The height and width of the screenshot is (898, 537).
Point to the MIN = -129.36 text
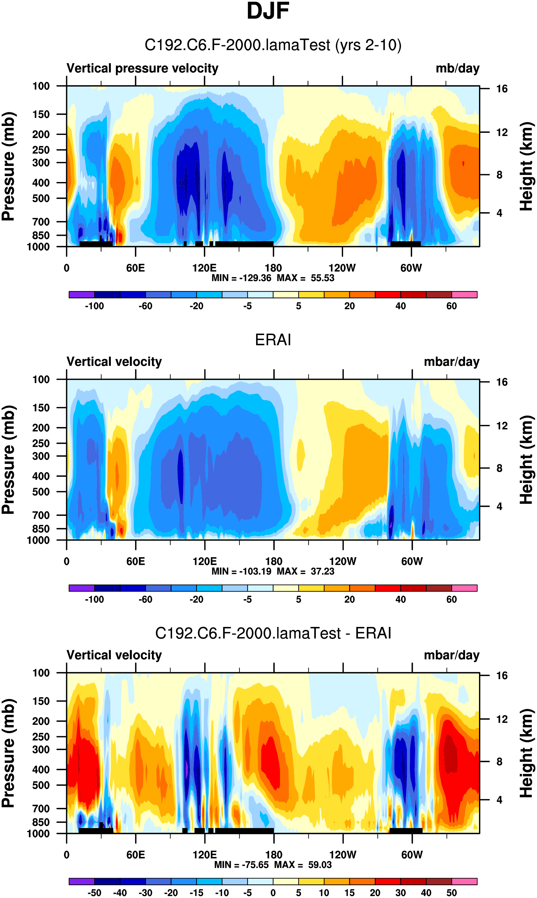[x=241, y=278]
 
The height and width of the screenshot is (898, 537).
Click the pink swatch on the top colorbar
[x=464, y=294]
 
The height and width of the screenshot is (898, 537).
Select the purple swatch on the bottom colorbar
[x=82, y=881]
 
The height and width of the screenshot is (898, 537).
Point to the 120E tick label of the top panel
[x=204, y=268]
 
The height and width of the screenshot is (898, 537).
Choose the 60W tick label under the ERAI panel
[x=412, y=561]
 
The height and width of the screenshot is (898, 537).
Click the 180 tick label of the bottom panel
[x=274, y=855]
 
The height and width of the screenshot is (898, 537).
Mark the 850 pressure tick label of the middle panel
[x=41, y=529]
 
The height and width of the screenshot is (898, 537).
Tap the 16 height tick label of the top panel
[x=502, y=89]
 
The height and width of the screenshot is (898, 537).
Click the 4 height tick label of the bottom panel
[x=499, y=800]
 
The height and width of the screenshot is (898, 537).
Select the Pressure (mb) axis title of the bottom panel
[x=8, y=753]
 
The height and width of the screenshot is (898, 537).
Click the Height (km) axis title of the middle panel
[x=526, y=460]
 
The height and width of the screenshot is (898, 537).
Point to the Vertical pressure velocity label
[x=142, y=68]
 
